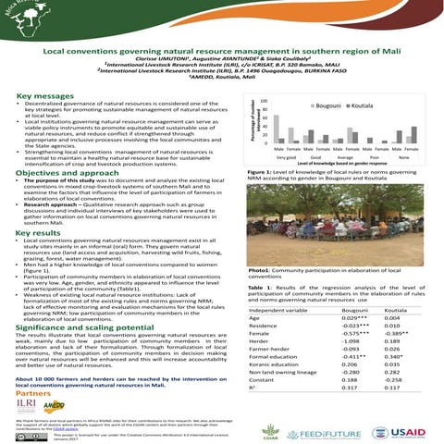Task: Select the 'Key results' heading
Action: (38, 235)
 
